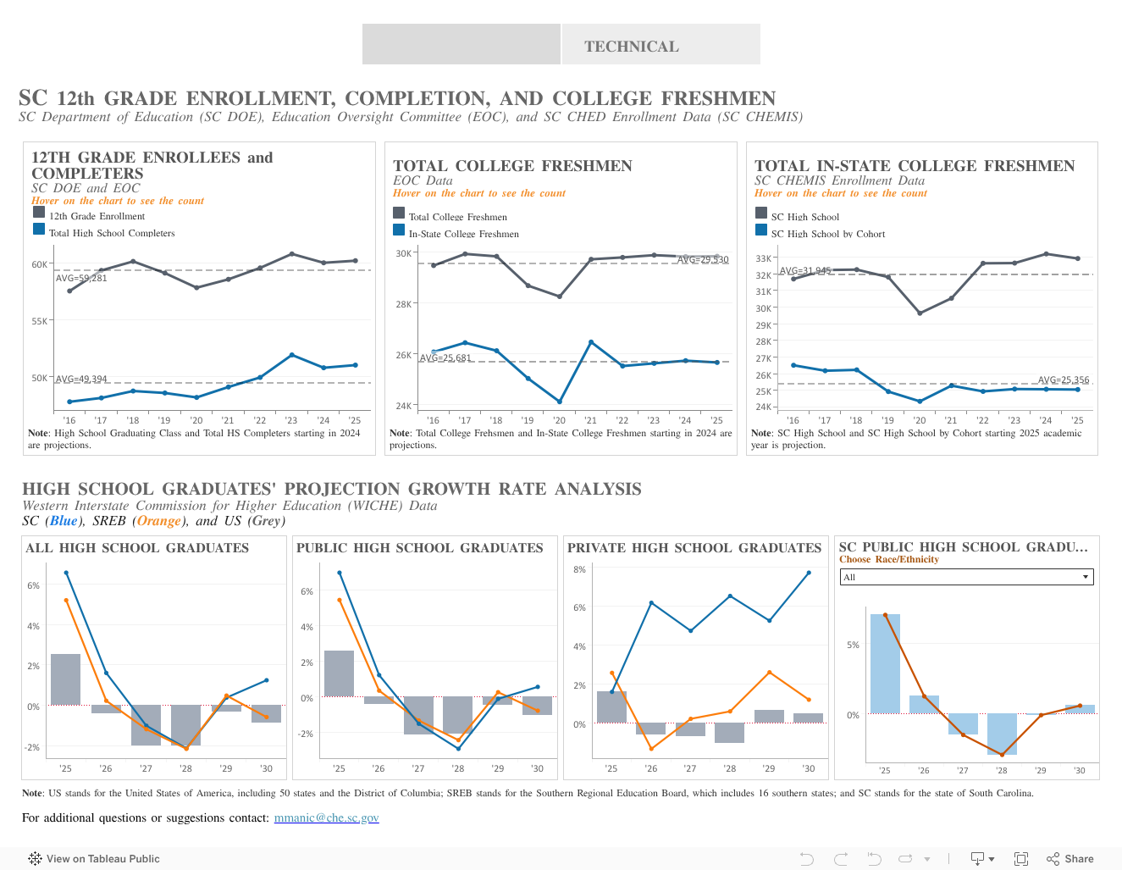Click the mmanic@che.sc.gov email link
[x=326, y=817]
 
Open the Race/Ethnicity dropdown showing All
[x=966, y=577]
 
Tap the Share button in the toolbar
[x=1070, y=858]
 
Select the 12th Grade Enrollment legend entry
[x=97, y=216]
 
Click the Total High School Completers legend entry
[x=111, y=233]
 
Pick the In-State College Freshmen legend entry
[x=463, y=234]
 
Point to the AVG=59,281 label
[x=81, y=278]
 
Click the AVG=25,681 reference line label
[x=445, y=357]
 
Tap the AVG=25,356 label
[x=1064, y=380]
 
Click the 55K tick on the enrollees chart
[x=40, y=321]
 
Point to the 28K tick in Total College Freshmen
[x=403, y=303]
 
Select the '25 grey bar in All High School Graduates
[x=65, y=679]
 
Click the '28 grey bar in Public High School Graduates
[x=457, y=715]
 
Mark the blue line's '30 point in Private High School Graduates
[x=809, y=573]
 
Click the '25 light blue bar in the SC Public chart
[x=885, y=663]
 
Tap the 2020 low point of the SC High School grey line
[x=920, y=313]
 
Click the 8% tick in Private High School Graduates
[x=579, y=569]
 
